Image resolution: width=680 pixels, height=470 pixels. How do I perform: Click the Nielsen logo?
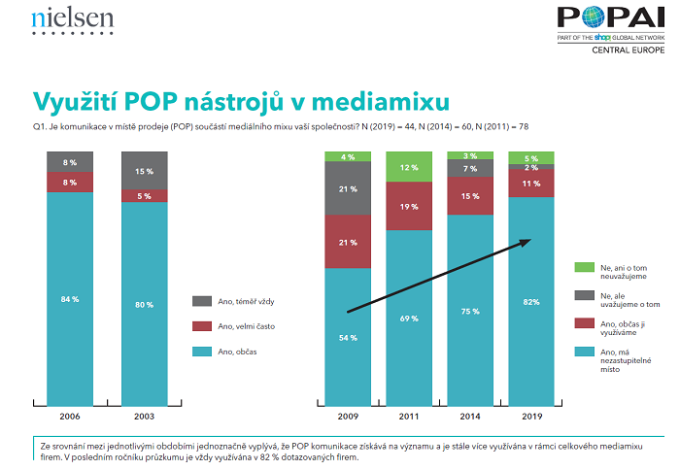tap(72, 19)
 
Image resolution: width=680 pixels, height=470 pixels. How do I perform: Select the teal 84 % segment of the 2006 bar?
tap(70, 298)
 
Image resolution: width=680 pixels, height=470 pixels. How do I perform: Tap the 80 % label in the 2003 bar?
tap(144, 305)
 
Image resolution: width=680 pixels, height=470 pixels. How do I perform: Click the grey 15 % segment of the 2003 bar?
tap(144, 171)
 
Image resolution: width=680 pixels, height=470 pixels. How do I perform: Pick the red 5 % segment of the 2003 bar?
tap(144, 196)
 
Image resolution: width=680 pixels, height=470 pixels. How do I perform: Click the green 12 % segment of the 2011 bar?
tap(409, 167)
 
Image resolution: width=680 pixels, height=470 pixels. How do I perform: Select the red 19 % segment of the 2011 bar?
tap(409, 206)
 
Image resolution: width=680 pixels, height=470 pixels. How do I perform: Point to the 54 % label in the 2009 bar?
tap(347, 337)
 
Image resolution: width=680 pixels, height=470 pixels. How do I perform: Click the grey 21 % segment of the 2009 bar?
tap(348, 187)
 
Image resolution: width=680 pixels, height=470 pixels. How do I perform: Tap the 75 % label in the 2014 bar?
tap(470, 311)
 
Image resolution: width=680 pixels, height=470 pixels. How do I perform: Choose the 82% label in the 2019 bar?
tap(531, 302)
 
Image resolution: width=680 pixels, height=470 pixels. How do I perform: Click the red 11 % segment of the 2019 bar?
tap(531, 183)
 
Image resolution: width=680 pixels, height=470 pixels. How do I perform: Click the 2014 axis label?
tap(470, 417)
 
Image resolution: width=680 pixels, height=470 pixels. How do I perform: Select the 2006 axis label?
tap(70, 417)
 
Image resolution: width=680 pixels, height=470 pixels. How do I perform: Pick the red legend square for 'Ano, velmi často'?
tap(201, 325)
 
